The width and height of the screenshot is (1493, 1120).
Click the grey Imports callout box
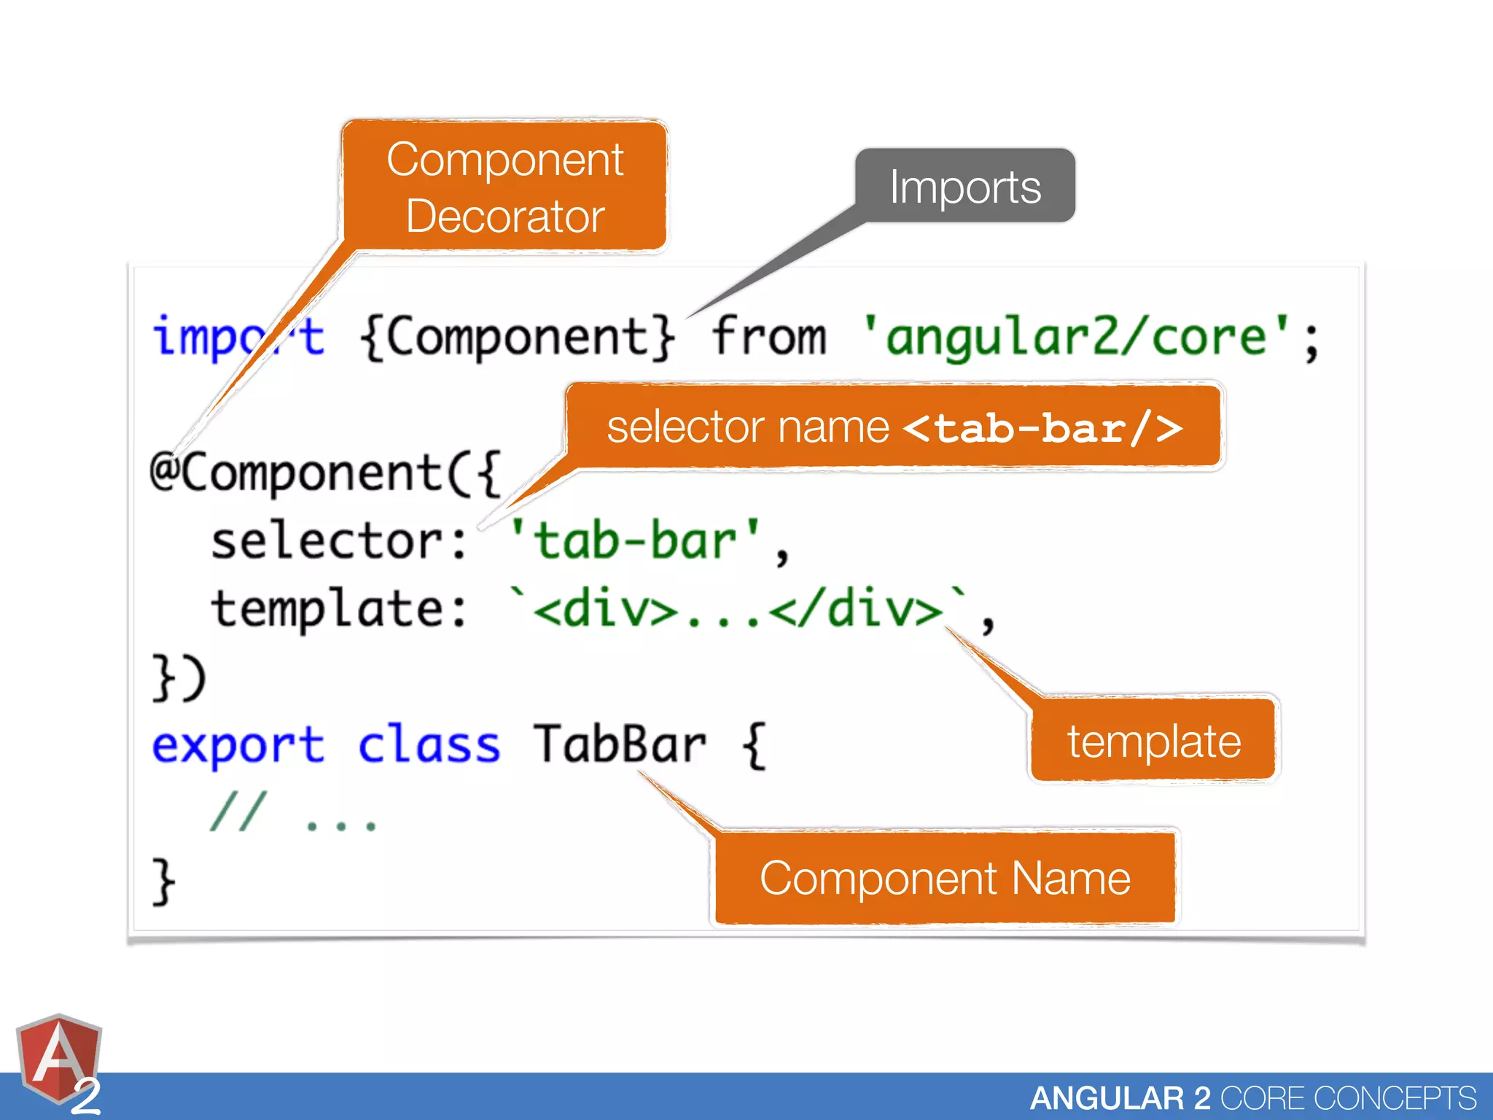pyautogui.click(x=964, y=186)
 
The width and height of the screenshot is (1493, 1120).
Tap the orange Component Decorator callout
pyautogui.click(x=504, y=187)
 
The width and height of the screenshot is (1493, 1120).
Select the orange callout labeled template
pyautogui.click(x=1153, y=740)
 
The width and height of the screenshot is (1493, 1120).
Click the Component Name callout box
pyautogui.click(x=945, y=878)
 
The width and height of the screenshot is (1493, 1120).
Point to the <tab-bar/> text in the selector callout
pyautogui.click(x=1042, y=427)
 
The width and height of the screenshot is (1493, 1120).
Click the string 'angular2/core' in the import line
pyautogui.click(x=1076, y=337)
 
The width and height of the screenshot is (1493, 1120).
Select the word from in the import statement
pyautogui.click(x=769, y=337)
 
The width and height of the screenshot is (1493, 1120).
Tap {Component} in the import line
pyautogui.click(x=517, y=337)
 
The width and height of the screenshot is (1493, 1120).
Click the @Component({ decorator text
pyautogui.click(x=325, y=472)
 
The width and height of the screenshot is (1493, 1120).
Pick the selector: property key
pyautogui.click(x=339, y=541)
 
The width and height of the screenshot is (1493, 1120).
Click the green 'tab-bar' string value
pyautogui.click(x=634, y=541)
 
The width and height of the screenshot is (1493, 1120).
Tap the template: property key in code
pyautogui.click(x=339, y=609)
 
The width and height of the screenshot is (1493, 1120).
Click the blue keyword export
pyautogui.click(x=238, y=745)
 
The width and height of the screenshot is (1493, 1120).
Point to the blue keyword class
pyautogui.click(x=429, y=745)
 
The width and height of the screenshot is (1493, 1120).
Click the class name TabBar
pyautogui.click(x=619, y=745)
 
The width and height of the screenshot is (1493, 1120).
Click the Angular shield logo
pyautogui.click(x=58, y=1057)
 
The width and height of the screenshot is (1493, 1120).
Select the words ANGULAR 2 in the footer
pyautogui.click(x=1120, y=1098)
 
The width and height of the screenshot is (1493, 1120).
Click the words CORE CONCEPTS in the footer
pyautogui.click(x=1348, y=1098)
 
